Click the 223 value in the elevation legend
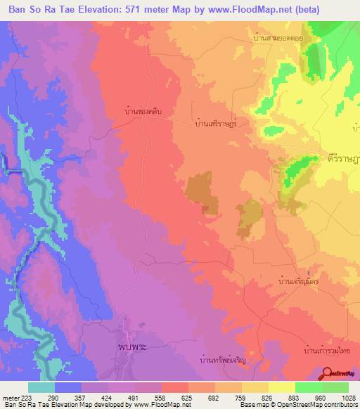25,397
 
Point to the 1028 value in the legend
347,397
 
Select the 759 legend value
240,397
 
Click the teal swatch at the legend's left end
41,387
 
